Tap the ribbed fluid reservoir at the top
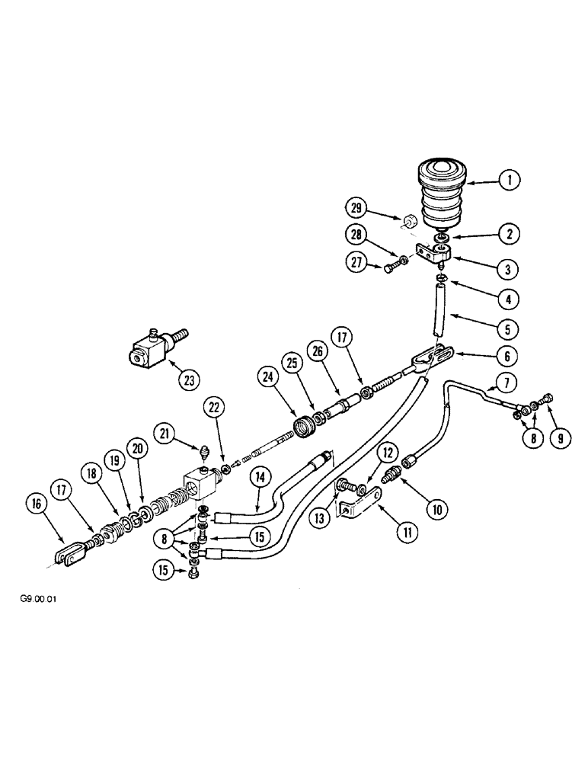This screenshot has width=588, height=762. (x=441, y=194)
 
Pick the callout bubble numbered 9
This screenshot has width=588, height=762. (x=553, y=438)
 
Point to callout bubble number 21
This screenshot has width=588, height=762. (x=163, y=434)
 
